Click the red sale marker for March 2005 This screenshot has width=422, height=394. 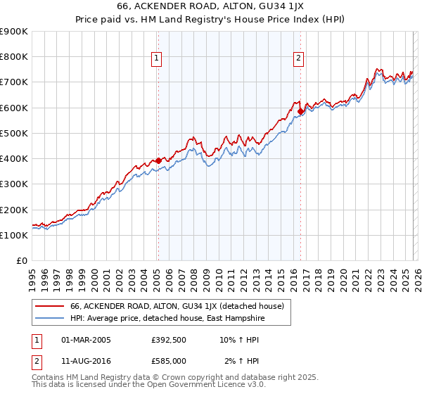158,160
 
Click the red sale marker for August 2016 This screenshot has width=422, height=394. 300,111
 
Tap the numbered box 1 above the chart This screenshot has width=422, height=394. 156,58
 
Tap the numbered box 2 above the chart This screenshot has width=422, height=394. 299,58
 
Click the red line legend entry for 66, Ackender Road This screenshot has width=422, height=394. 176,306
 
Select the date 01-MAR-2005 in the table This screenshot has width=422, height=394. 87,339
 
